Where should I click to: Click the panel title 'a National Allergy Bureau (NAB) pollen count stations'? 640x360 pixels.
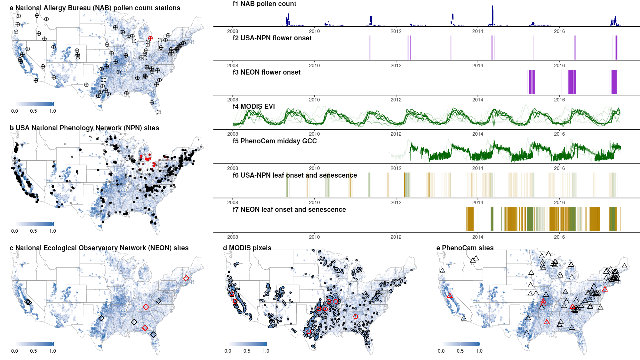coord(95,8)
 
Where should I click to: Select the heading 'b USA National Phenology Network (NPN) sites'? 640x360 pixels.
coord(84,128)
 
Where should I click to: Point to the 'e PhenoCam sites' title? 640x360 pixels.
coord(465,248)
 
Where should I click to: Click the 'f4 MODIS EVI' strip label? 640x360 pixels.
coord(254,106)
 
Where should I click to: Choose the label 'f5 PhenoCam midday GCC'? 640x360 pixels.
coord(275,141)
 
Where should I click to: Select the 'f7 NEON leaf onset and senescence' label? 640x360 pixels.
coord(289,209)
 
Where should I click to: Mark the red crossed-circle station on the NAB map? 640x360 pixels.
coord(150,38)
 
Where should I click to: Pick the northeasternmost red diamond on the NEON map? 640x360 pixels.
coord(186,278)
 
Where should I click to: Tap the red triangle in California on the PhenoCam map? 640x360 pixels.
coord(450,296)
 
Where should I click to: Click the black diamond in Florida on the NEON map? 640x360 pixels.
coord(154,334)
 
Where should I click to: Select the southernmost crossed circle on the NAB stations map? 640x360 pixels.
coord(159,112)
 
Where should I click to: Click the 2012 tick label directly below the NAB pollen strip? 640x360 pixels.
coord(396,31)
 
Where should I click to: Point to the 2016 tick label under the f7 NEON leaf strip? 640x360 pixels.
coord(559,237)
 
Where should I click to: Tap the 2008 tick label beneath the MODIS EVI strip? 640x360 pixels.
coord(233,134)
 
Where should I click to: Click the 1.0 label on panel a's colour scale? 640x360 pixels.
coord(52,111)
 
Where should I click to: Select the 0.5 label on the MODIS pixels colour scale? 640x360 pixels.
coord(247,351)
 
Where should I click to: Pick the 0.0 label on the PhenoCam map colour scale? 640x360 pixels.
coord(441,351)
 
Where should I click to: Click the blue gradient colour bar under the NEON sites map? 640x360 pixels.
coord(34,344)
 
